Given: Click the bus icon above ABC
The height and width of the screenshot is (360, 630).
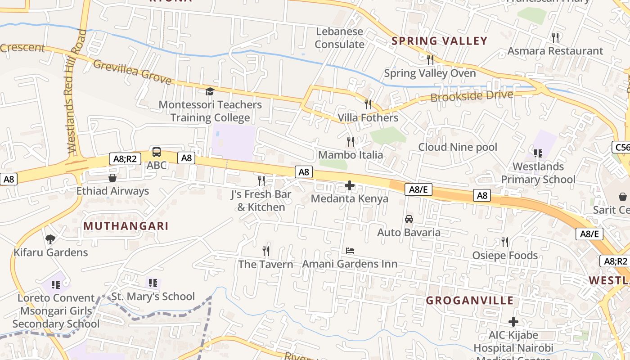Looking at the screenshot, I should pyautogui.click(x=157, y=152).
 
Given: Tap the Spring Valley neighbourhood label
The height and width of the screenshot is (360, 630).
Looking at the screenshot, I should pyautogui.click(x=439, y=41).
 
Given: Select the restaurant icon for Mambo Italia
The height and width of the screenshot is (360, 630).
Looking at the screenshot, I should pyautogui.click(x=351, y=142).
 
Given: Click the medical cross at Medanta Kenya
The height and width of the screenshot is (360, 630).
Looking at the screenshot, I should pyautogui.click(x=350, y=185).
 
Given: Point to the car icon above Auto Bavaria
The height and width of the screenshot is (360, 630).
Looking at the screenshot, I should pyautogui.click(x=409, y=219).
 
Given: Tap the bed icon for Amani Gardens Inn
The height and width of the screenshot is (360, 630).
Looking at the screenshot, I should pyautogui.click(x=350, y=250).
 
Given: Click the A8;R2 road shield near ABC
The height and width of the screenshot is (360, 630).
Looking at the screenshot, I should pyautogui.click(x=125, y=158).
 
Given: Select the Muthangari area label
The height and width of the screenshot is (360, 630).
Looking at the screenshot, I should pyautogui.click(x=126, y=226).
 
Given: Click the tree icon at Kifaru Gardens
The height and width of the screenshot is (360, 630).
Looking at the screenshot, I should pyautogui.click(x=50, y=239).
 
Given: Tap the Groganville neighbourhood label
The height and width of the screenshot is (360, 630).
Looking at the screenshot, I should pyautogui.click(x=470, y=300).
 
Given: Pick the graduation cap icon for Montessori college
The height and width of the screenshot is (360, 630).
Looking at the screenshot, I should pyautogui.click(x=210, y=92).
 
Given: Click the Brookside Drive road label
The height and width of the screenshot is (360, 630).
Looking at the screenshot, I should pyautogui.click(x=472, y=96).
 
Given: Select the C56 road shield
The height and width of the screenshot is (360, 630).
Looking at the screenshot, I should pyautogui.click(x=621, y=147).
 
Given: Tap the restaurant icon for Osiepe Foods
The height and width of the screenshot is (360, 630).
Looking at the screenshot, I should pyautogui.click(x=505, y=242).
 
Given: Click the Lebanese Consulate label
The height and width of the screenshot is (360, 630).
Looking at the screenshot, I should pyautogui.click(x=340, y=38).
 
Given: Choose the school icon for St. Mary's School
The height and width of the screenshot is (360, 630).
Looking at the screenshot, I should pyautogui.click(x=153, y=283).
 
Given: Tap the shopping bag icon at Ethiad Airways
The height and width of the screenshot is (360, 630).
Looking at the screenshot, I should pyautogui.click(x=112, y=178).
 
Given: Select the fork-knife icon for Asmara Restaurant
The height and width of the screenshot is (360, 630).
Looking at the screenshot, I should pyautogui.click(x=555, y=37).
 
